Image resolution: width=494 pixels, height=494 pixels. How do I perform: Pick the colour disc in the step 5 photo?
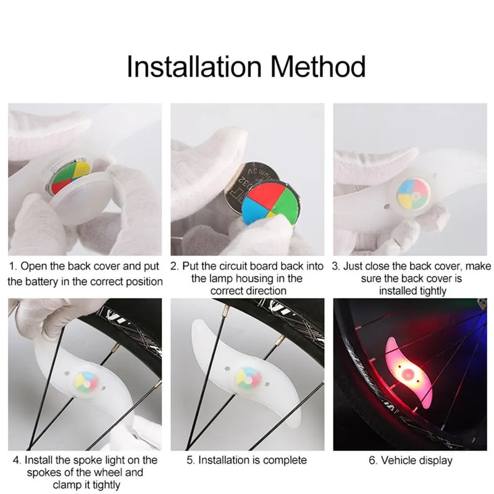pyautogui.click(x=248, y=377)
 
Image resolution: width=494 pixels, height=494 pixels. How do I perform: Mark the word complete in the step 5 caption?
pyautogui.click(x=286, y=460)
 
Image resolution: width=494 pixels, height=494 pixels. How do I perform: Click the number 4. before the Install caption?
pyautogui.click(x=17, y=460)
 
